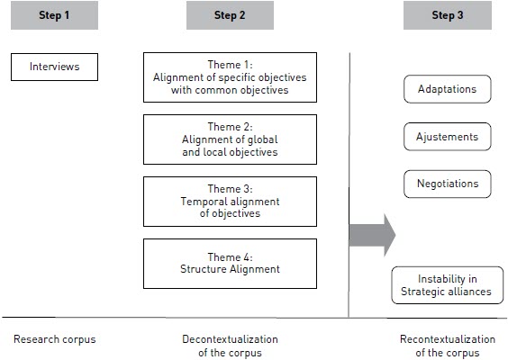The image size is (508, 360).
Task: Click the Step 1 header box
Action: pyautogui.click(x=54, y=15)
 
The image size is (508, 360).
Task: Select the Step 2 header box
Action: pyautogui.click(x=230, y=15)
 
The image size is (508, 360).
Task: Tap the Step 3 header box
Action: pyautogui.click(x=448, y=15)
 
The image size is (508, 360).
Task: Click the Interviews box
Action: pyautogui.click(x=54, y=67)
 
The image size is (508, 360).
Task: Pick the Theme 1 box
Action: pyautogui.click(x=230, y=77)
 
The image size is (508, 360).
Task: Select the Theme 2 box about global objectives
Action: pyautogui.click(x=230, y=139)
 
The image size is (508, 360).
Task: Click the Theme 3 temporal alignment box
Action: pyautogui.click(x=230, y=202)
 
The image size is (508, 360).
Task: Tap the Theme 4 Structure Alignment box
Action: pyautogui.click(x=230, y=264)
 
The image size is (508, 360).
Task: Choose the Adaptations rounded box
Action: pyautogui.click(x=448, y=89)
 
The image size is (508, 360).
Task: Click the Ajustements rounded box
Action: pyautogui.click(x=448, y=137)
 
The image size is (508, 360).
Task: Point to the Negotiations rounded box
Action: pyautogui.click(x=448, y=184)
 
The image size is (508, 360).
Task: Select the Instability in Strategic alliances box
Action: pyautogui.click(x=448, y=285)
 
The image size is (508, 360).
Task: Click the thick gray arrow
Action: pyautogui.click(x=373, y=235)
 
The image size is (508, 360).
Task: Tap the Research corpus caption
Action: pyautogui.click(x=55, y=339)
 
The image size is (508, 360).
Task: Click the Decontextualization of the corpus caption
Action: pyautogui.click(x=230, y=346)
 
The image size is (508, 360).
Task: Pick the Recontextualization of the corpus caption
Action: pyautogui.click(x=448, y=346)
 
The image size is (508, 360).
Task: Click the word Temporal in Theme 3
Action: pyautogui.click(x=203, y=202)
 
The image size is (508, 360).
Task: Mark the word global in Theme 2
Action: pyautogui.click(x=262, y=139)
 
